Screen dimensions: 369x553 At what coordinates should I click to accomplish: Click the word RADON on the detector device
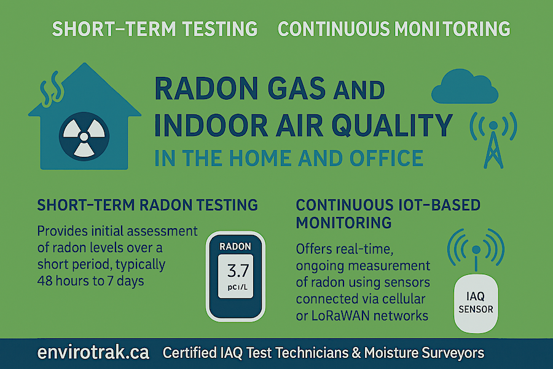tap(235, 246)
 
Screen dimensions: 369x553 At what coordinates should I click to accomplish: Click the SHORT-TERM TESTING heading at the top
tap(154, 29)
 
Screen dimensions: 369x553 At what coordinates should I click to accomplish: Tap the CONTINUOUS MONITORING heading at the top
tap(394, 29)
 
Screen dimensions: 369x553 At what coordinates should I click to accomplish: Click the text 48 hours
tap(65, 282)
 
